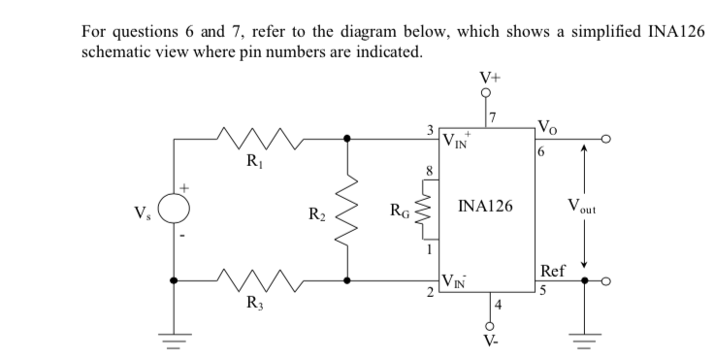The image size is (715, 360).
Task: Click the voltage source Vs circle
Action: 176,208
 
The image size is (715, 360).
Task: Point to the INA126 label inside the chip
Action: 486,207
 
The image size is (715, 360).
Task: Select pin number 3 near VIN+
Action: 430,130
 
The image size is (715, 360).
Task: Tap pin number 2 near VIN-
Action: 431,291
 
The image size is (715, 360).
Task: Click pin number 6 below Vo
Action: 541,152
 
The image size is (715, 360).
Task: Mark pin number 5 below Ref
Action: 541,287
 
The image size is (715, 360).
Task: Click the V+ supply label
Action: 487,77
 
